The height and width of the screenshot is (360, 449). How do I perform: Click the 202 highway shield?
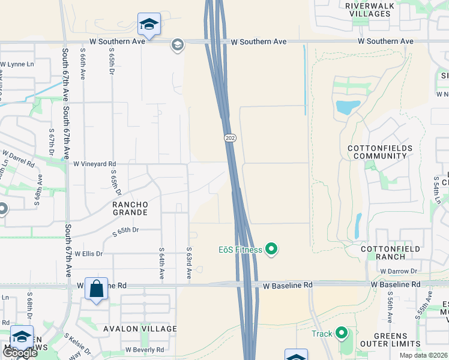231,138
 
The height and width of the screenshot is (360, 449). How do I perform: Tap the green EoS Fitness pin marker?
271,248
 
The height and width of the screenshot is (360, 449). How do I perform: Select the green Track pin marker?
342,332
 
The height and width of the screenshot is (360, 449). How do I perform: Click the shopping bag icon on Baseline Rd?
96,289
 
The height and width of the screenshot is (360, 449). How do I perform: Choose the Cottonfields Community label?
380,152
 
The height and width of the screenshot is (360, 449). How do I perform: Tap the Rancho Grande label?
130,208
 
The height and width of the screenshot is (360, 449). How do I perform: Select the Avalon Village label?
140,329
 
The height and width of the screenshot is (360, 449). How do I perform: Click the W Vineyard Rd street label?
95,163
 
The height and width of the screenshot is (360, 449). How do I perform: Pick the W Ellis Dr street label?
89,254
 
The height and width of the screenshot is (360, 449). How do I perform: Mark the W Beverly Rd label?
145,350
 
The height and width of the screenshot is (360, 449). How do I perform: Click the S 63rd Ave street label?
188,263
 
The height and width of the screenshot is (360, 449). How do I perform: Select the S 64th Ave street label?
161,263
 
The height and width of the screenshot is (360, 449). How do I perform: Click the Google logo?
19,353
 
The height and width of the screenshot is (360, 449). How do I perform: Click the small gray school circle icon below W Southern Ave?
177,45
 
